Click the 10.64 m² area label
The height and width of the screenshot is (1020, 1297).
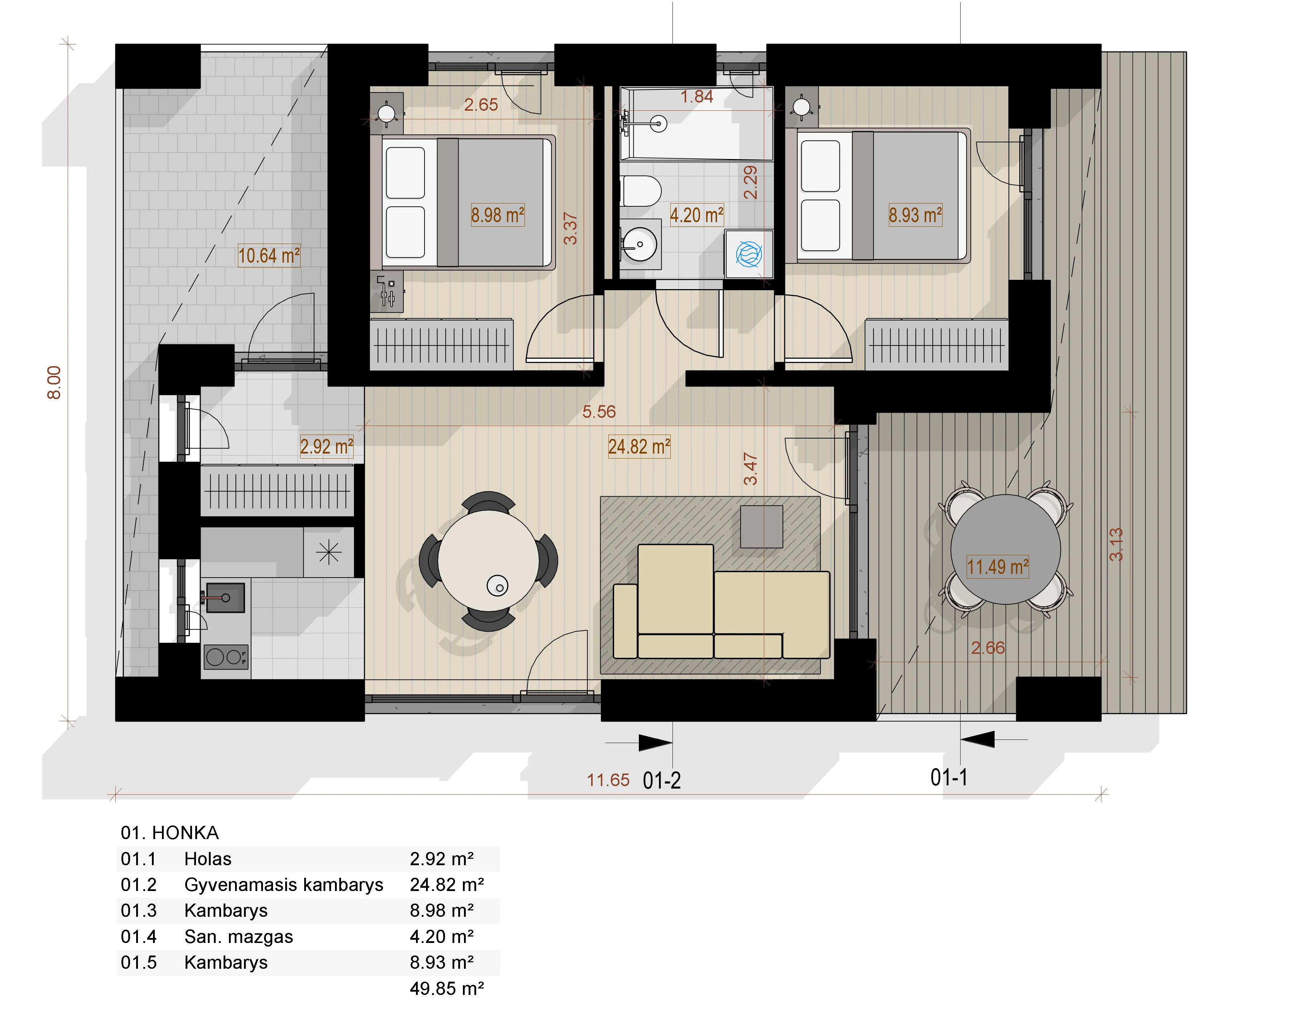pyautogui.click(x=269, y=255)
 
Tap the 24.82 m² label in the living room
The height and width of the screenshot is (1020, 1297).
pyautogui.click(x=639, y=447)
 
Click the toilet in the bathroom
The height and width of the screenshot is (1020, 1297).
pyautogui.click(x=641, y=191)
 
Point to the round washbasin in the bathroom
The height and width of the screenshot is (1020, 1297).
pyautogui.click(x=640, y=244)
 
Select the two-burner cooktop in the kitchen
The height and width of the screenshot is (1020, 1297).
pyautogui.click(x=225, y=657)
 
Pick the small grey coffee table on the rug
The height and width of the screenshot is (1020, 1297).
pyautogui.click(x=761, y=527)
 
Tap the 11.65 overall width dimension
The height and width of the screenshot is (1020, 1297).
pyautogui.click(x=608, y=780)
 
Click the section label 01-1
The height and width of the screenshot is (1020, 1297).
pyautogui.click(x=949, y=777)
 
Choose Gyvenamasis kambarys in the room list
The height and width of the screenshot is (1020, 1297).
pyautogui.click(x=284, y=885)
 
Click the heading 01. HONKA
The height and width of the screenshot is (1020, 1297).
pyautogui.click(x=169, y=833)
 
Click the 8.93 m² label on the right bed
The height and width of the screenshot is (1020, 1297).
pyautogui.click(x=915, y=215)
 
